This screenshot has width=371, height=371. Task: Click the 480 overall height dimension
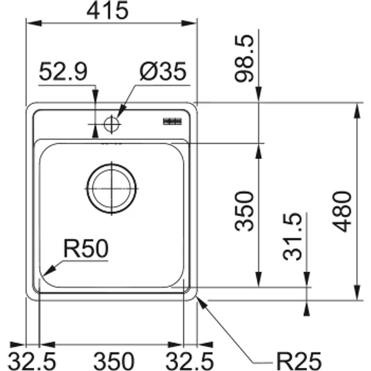pos(347,211)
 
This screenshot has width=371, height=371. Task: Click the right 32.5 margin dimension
pos(190,359)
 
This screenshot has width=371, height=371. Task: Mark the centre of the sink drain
pos(112,189)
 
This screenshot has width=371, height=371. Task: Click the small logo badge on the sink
pos(171,122)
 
